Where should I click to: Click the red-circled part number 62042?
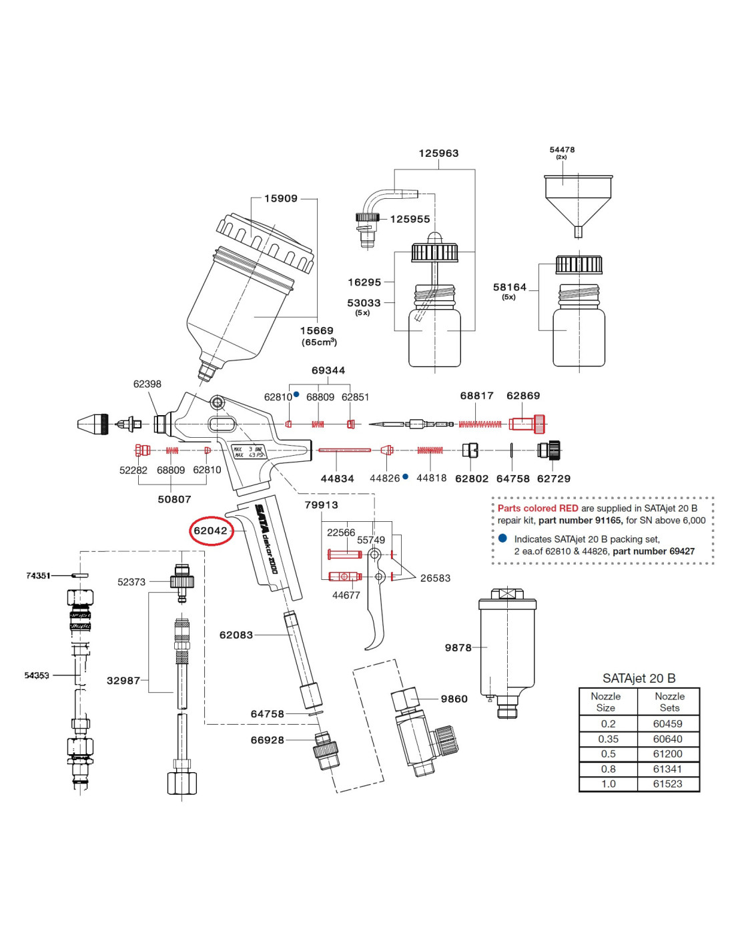tap(211, 531)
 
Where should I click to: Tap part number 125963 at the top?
tap(438, 153)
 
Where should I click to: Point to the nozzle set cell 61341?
tap(667, 769)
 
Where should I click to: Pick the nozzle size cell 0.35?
tap(608, 739)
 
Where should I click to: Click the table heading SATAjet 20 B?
tap(639, 678)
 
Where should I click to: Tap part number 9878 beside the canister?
tap(458, 647)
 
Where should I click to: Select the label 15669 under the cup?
tap(316, 330)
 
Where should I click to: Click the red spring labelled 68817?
tap(480, 424)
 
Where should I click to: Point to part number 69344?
tap(328, 370)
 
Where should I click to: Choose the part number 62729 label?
tap(553, 479)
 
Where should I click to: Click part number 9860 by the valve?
tap(454, 699)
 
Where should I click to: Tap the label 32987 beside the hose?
tap(123, 681)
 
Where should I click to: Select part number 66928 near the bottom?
tap(267, 740)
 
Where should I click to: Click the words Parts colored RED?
tap(538, 508)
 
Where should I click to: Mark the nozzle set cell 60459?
tap(667, 723)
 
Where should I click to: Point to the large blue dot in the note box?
tap(502, 538)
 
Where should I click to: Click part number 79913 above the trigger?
tap(321, 505)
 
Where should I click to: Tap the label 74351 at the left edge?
tap(38, 575)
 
